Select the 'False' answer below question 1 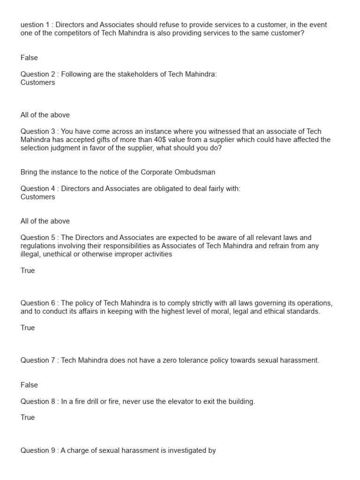click(x=29, y=58)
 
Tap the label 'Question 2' click(x=38, y=74)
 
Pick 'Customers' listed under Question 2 click(x=37, y=82)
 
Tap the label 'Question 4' click(x=38, y=188)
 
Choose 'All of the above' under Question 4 click(x=45, y=221)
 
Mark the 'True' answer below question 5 click(x=28, y=270)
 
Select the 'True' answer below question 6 click(x=28, y=328)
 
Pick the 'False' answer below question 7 click(x=29, y=385)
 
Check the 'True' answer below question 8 click(x=28, y=417)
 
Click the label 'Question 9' click(x=38, y=450)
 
